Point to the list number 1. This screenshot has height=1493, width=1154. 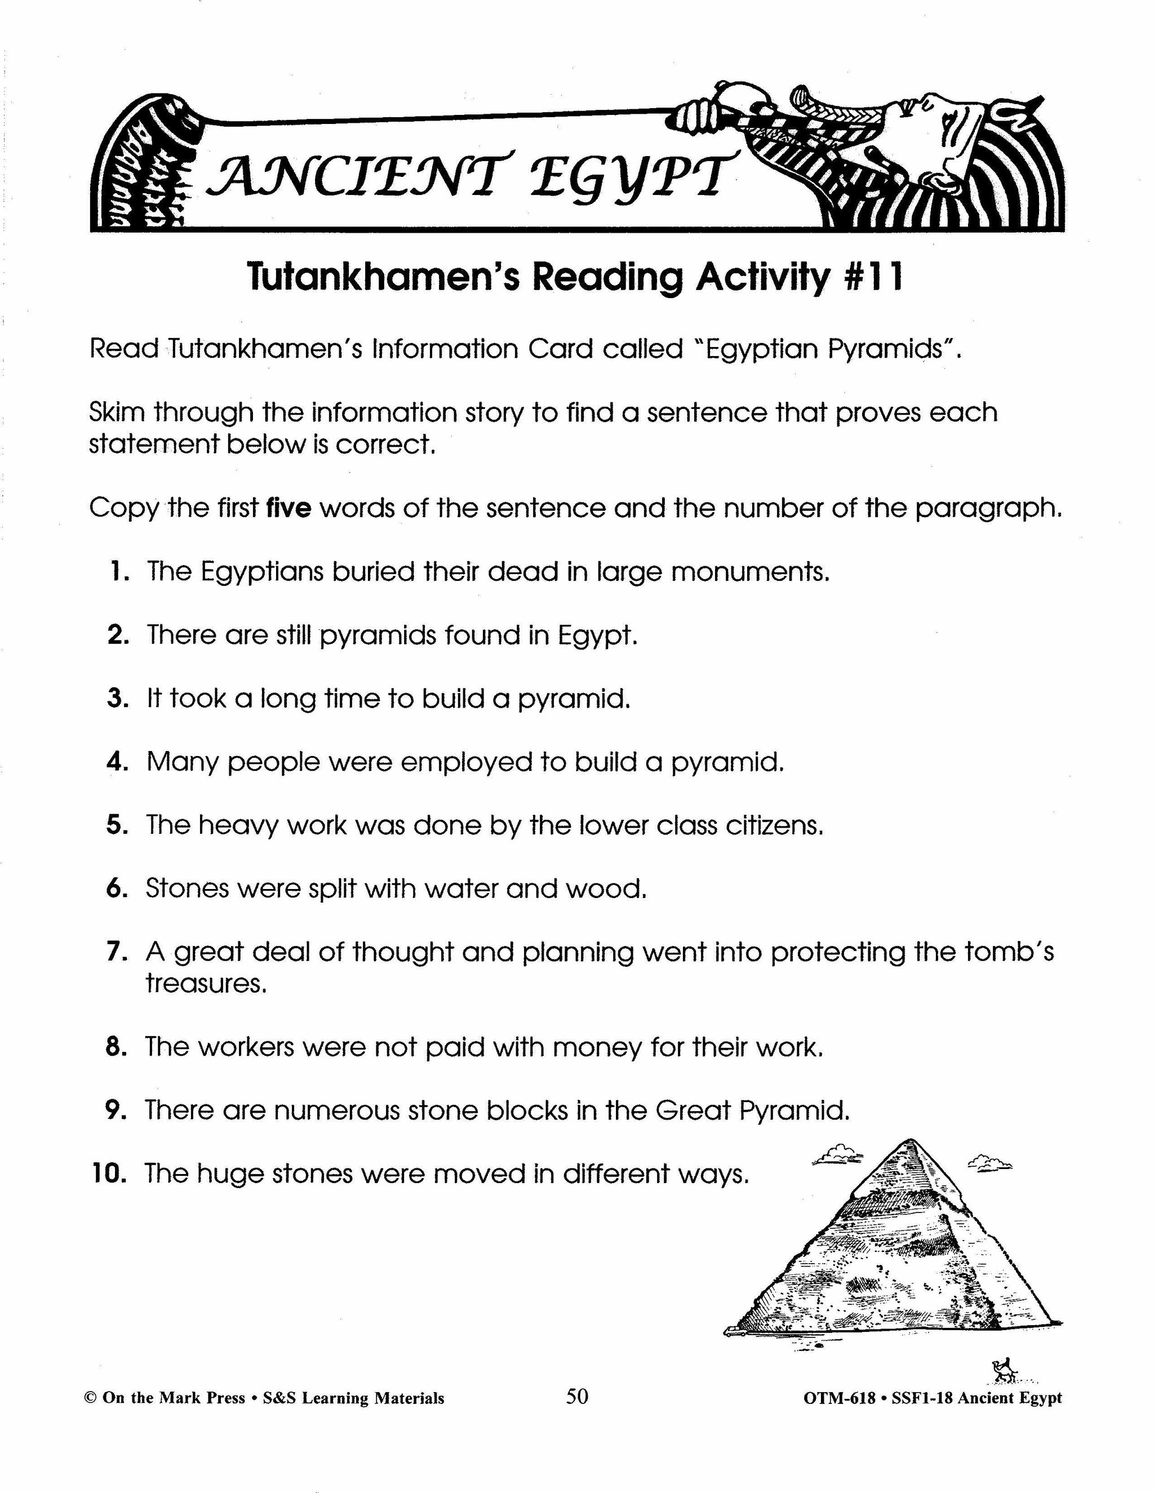(x=117, y=571)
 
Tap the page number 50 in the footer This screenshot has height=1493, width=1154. (x=577, y=1397)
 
